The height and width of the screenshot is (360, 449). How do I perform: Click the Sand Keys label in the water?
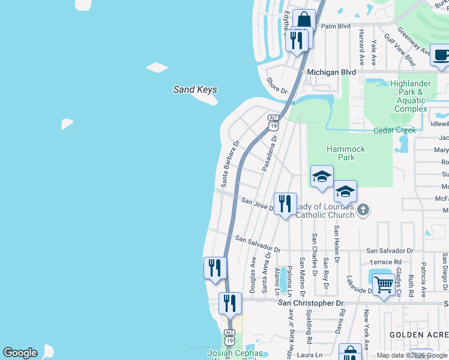click(195, 90)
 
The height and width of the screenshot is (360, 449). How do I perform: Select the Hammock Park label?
click(341, 153)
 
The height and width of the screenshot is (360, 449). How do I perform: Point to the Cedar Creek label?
click(394, 130)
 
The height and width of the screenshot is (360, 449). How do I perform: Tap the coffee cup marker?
click(441, 56)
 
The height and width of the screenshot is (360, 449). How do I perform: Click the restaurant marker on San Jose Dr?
click(285, 204)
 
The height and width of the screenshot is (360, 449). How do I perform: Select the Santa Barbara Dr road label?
click(230, 164)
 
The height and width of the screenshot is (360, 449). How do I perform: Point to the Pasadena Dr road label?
click(268, 154)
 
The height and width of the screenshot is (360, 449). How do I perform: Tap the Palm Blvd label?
click(336, 26)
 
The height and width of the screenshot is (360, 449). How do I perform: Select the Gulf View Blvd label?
click(400, 49)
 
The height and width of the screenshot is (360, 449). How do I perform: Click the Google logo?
click(20, 353)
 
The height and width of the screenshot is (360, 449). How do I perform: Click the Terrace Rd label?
click(385, 262)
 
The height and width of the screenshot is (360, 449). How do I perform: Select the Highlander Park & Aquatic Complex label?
click(411, 97)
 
